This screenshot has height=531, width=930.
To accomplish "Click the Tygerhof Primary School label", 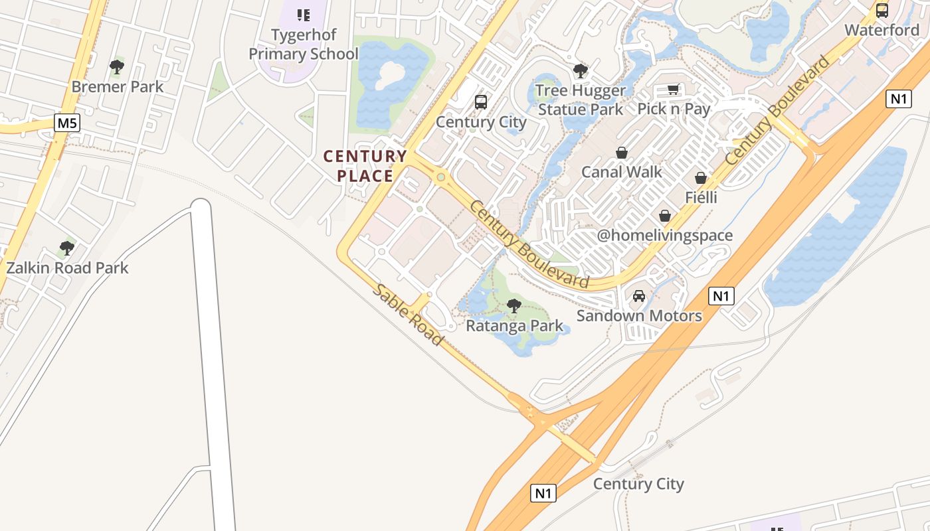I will click(x=304, y=44).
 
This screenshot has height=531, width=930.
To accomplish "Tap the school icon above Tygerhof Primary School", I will click(x=304, y=15).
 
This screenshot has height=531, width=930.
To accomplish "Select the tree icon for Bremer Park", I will click(x=117, y=66).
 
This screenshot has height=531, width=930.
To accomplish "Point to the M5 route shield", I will click(x=67, y=123).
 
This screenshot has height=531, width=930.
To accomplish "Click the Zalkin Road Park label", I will click(x=67, y=268).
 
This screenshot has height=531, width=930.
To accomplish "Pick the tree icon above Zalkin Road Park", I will click(x=66, y=248).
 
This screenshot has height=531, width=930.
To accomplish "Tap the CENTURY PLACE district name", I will click(x=365, y=166).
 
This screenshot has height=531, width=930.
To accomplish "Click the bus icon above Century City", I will click(x=481, y=102).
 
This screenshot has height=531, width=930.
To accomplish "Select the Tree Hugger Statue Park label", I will click(x=581, y=100).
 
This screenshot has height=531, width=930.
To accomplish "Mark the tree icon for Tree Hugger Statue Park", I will click(x=581, y=70).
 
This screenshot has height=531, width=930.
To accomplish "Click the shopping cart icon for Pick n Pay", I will click(x=674, y=89).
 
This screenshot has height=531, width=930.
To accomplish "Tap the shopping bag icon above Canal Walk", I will click(x=622, y=153).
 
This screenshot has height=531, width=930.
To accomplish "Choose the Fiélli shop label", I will click(x=701, y=198).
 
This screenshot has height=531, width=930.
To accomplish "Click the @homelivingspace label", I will click(x=664, y=236).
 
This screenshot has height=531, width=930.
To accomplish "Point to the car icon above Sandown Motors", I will click(x=639, y=296).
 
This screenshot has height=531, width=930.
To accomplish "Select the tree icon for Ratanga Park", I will click(x=513, y=305).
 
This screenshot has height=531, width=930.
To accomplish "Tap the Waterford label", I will click(x=882, y=30).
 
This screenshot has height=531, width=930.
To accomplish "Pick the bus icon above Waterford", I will click(x=882, y=10).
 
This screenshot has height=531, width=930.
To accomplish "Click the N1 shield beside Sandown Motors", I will click(x=721, y=296).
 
